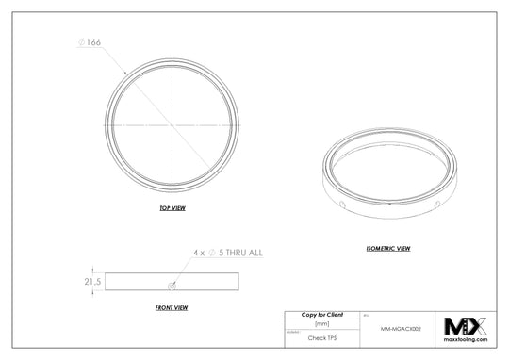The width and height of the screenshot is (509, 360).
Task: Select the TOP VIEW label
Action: coord(172,206)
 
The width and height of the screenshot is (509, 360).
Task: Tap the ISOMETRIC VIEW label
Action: coord(387,248)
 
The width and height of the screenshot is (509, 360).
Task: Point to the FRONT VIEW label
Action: coord(171,307)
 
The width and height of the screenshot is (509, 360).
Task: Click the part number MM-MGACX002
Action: coord(401,331)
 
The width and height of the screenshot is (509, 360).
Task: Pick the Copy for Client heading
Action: coord(321,314)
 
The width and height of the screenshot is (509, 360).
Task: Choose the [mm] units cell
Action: coord(321,324)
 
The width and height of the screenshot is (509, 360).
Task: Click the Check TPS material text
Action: coord(321,336)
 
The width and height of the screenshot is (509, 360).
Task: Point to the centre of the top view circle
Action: coord(172,125)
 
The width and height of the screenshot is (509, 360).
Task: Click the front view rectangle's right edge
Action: coord(238,281)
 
